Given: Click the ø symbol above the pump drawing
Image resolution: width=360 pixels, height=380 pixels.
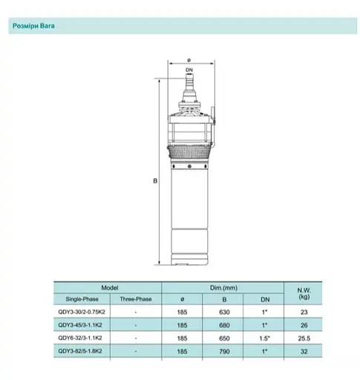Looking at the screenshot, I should click(x=189, y=61).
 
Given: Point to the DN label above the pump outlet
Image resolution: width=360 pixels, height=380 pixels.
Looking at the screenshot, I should click(x=189, y=70).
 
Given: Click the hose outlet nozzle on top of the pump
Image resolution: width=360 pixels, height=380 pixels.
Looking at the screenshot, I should click(x=189, y=83).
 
